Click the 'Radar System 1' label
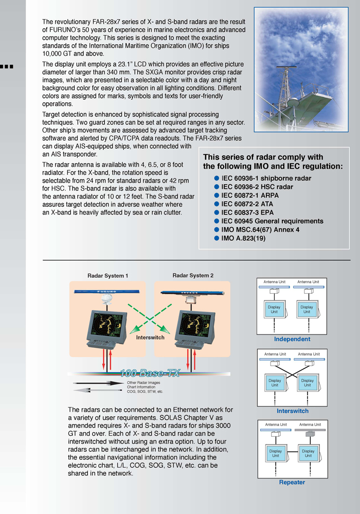pos(107,276)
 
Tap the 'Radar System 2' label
pos(193,276)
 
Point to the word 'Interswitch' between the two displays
pos(150,338)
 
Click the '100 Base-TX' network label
pos(150,373)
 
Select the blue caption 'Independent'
pos(292,340)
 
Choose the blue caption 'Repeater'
pos(292,482)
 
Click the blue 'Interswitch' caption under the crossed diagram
pos(292,411)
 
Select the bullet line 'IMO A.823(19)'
pos(243,238)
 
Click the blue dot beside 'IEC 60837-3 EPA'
pos(217,212)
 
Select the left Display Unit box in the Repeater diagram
pos(276,453)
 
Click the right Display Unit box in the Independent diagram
pos(307,310)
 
